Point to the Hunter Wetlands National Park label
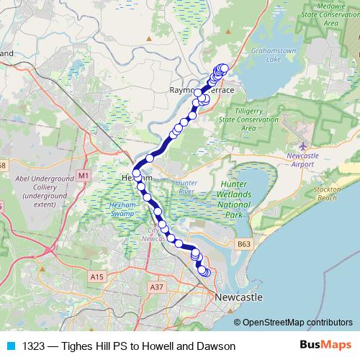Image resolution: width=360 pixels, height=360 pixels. [x=232, y=199]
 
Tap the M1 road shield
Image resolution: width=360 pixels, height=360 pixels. [x=84, y=176]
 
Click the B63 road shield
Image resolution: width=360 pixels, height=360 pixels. [x=245, y=245]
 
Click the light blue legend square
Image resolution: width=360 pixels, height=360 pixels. [x=10, y=346]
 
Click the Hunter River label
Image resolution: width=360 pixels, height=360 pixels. [x=186, y=188]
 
